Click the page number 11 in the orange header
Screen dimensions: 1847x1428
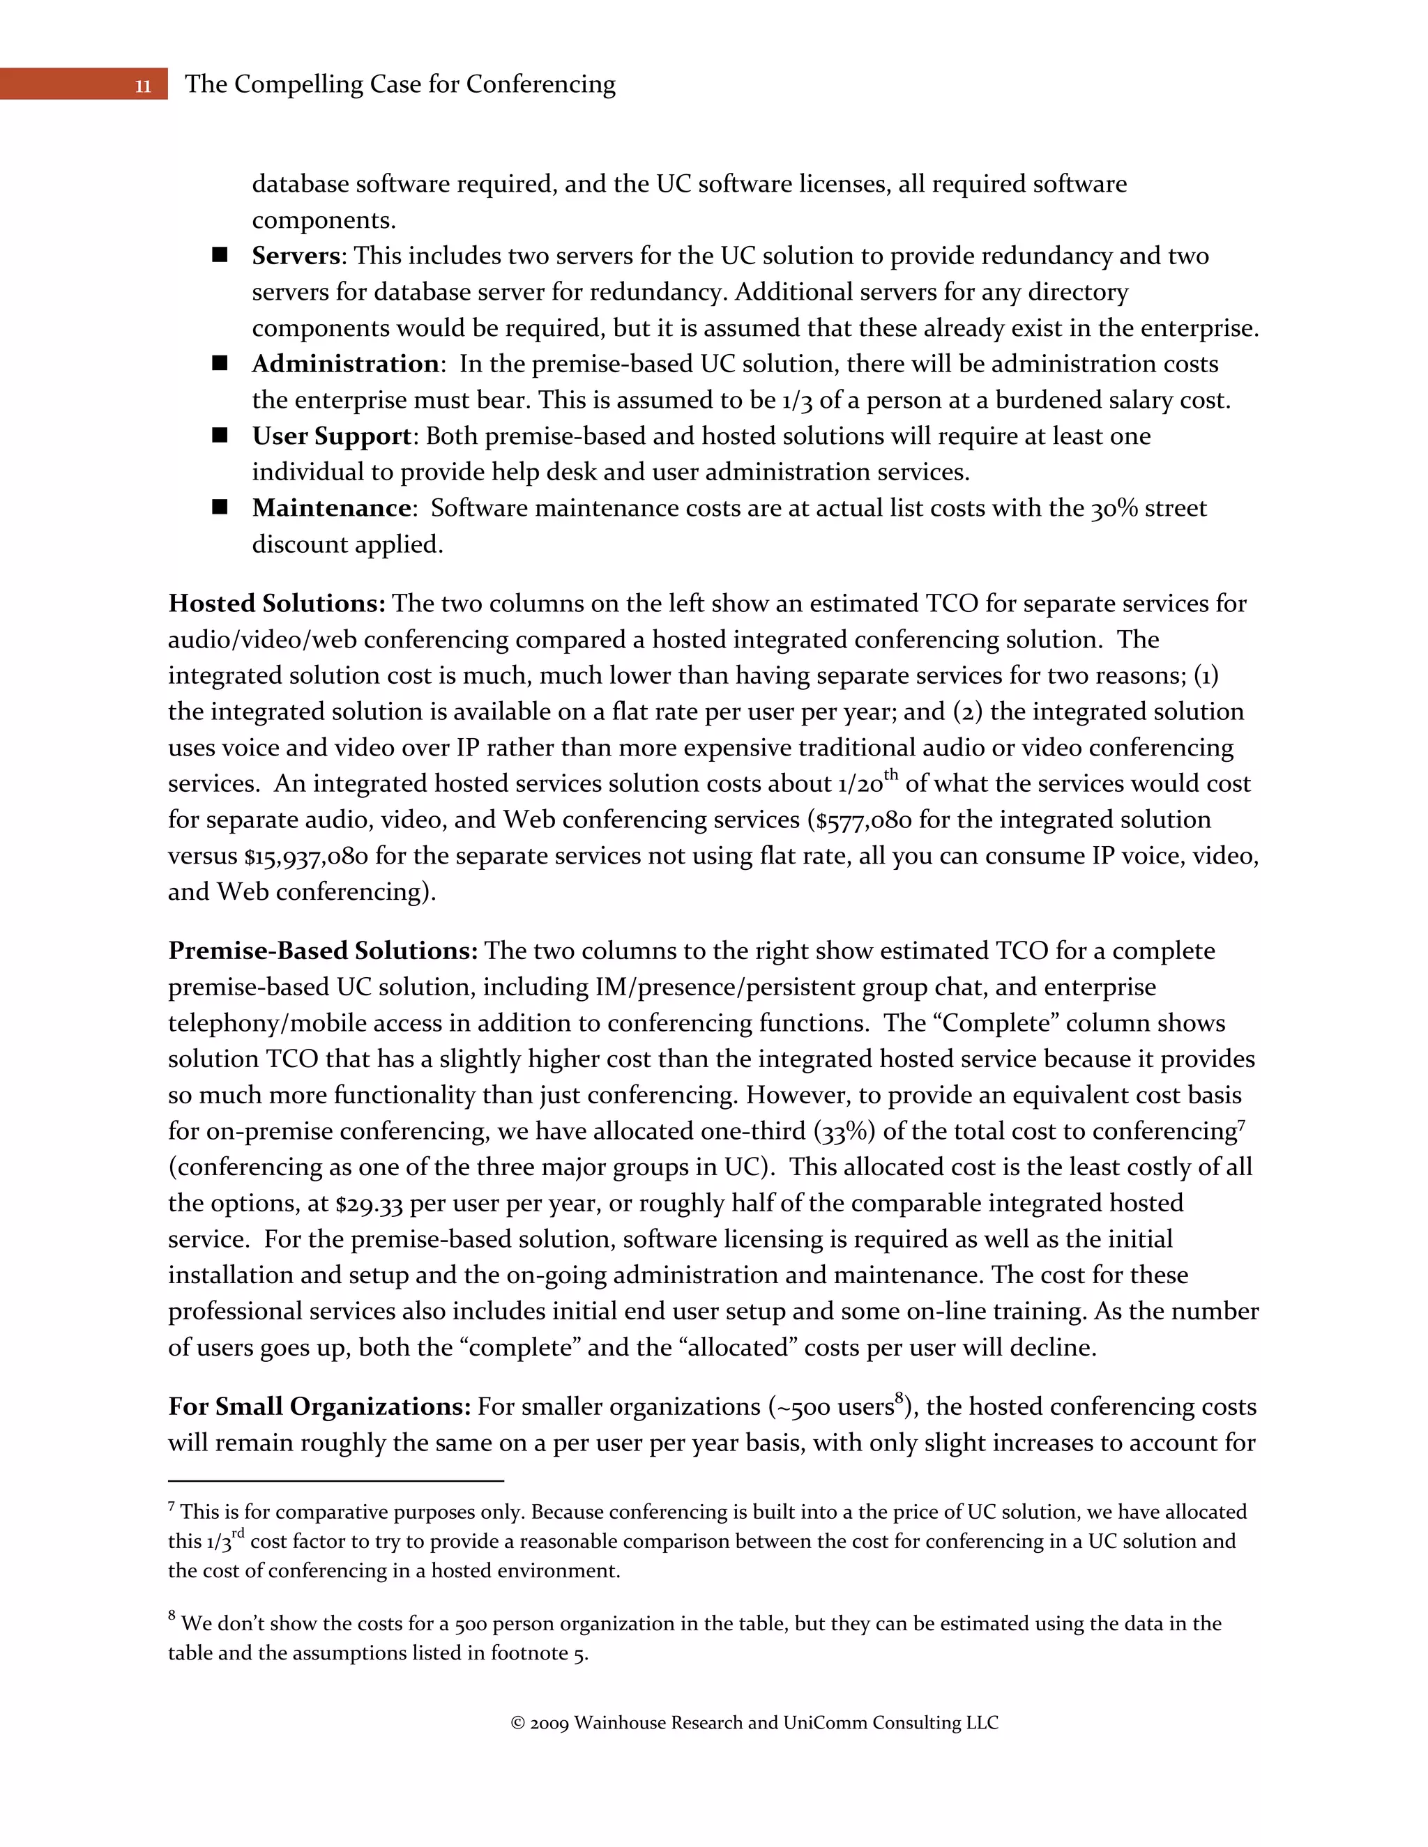[143, 86]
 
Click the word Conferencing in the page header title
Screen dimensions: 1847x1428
[540, 84]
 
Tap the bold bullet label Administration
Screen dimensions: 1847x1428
[345, 365]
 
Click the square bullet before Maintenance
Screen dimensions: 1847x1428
[220, 507]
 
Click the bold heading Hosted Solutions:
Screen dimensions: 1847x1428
[277, 604]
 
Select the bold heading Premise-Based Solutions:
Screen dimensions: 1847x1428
[322, 951]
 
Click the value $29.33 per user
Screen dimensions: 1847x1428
[369, 1204]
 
